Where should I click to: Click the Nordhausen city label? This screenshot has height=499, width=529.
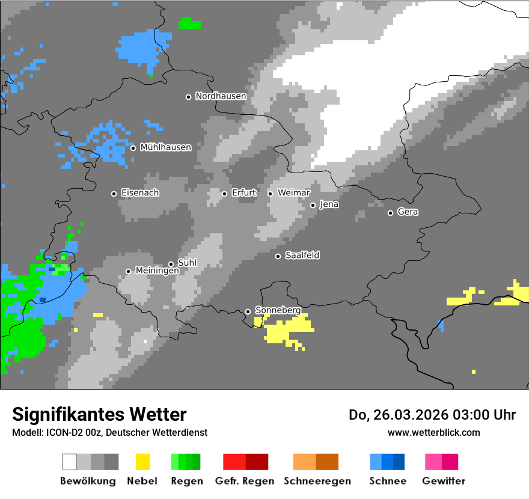221,96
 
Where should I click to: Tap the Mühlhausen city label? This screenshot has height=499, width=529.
165,147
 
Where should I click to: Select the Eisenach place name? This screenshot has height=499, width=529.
140,193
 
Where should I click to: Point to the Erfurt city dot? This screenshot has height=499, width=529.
224,194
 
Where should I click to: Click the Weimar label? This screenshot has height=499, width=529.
294,193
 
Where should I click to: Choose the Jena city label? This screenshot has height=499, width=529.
329,204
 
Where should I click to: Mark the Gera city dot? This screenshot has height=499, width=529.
390,213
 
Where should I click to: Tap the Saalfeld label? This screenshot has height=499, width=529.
302,256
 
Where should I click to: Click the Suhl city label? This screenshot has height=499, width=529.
187,263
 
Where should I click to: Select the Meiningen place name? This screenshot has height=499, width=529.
157,271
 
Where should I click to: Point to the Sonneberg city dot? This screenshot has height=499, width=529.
248,311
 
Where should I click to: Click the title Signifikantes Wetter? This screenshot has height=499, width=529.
99,414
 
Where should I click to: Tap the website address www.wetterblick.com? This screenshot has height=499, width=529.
433,432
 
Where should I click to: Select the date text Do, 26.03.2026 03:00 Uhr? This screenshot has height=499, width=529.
432,415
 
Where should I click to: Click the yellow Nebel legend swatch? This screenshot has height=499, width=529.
142,462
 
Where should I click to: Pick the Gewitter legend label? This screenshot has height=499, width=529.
443,481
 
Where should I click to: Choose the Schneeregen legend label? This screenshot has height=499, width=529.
317,481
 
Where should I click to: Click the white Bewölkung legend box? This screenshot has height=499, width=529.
70,462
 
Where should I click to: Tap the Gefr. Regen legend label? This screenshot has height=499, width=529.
245,481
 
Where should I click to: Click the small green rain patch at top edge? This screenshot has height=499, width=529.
189,24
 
